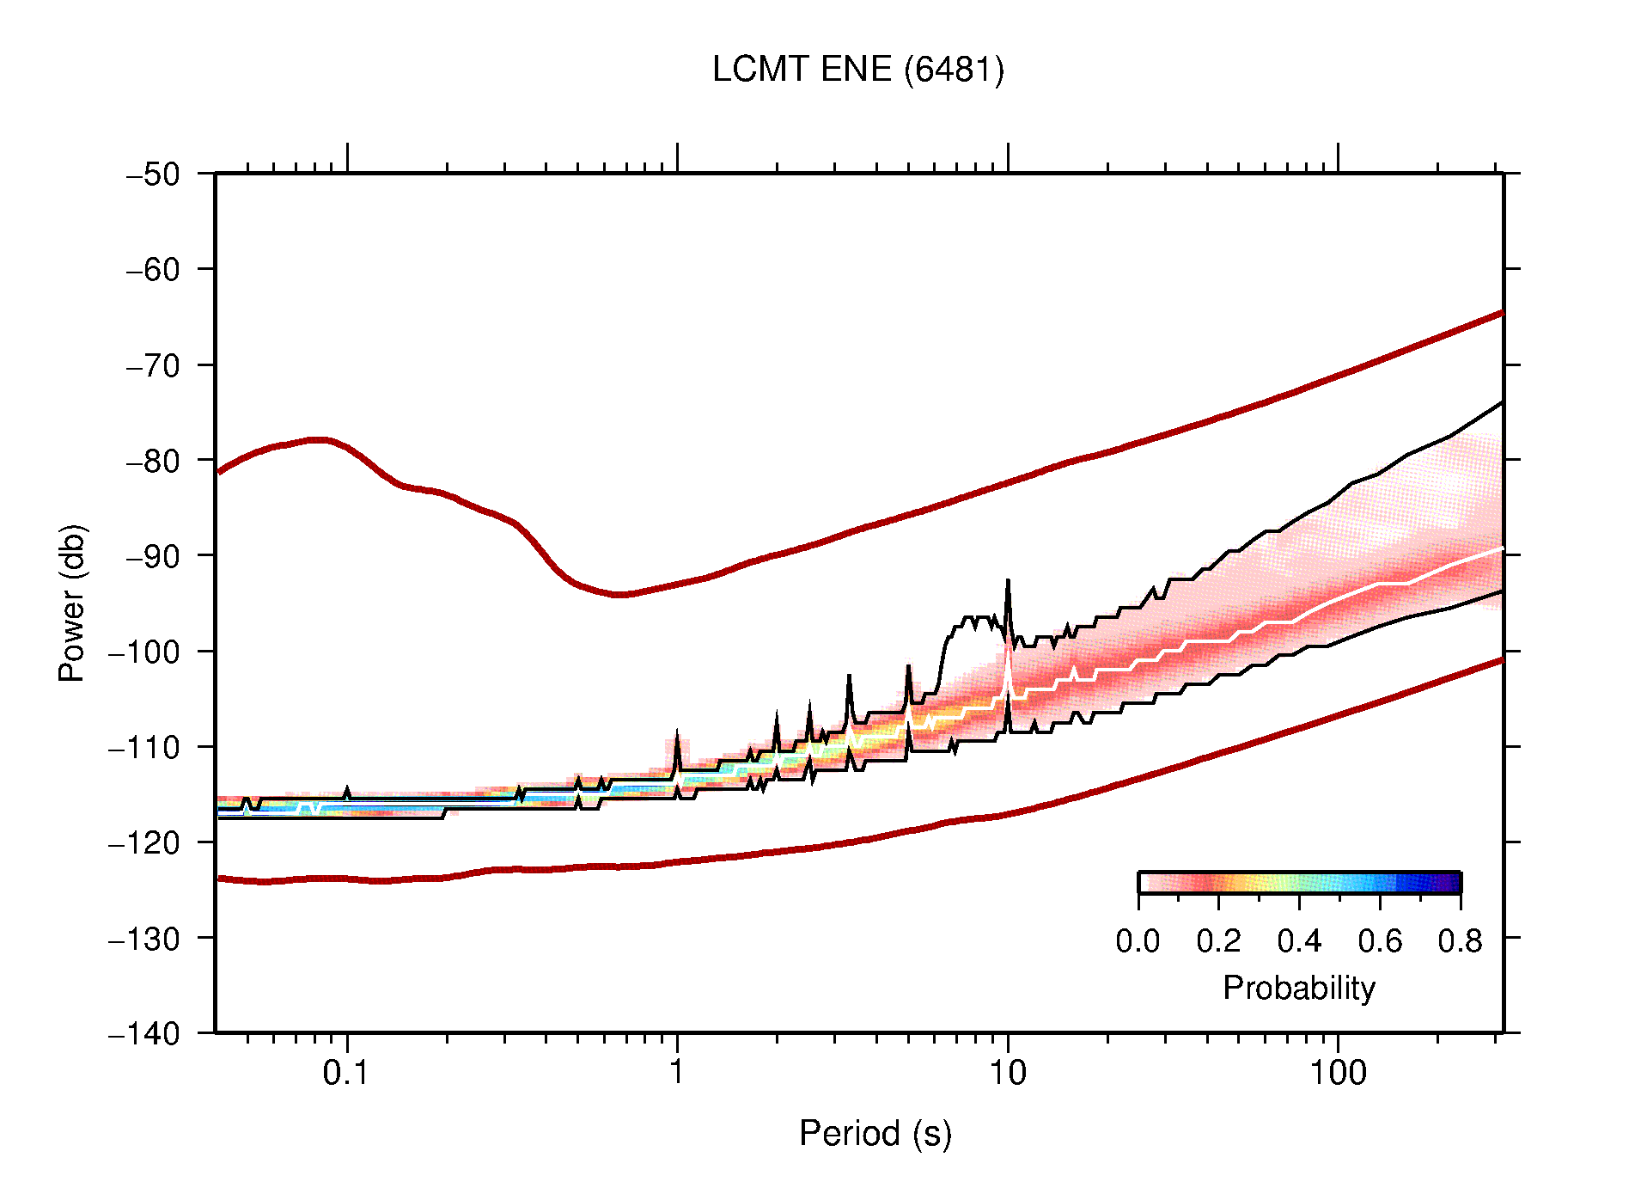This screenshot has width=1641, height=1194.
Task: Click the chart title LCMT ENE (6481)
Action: pyautogui.click(x=857, y=70)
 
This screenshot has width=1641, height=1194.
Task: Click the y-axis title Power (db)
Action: pyautogui.click(x=72, y=603)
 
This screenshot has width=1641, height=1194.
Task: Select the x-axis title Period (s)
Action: pyautogui.click(x=875, y=1133)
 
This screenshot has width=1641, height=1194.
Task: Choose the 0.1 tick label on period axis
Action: pyautogui.click(x=345, y=1073)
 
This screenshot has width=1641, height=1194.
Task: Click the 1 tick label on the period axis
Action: pyautogui.click(x=677, y=1073)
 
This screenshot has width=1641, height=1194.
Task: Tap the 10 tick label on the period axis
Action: pyautogui.click(x=1007, y=1073)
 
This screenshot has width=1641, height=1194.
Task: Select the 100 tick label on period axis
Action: pyautogui.click(x=1337, y=1073)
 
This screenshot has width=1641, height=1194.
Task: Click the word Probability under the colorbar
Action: pyautogui.click(x=1298, y=988)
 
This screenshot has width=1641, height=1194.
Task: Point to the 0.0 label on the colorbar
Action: pyautogui.click(x=1138, y=941)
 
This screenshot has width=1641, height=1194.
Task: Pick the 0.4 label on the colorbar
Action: pyautogui.click(x=1299, y=941)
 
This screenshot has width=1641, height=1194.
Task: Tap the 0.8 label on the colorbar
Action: pyautogui.click(x=1460, y=941)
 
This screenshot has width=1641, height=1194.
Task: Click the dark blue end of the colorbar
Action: pyautogui.click(x=1452, y=883)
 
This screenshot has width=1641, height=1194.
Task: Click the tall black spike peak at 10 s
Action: pyautogui.click(x=1008, y=582)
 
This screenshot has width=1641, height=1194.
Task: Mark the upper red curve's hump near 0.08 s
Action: pyautogui.click(x=318, y=440)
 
